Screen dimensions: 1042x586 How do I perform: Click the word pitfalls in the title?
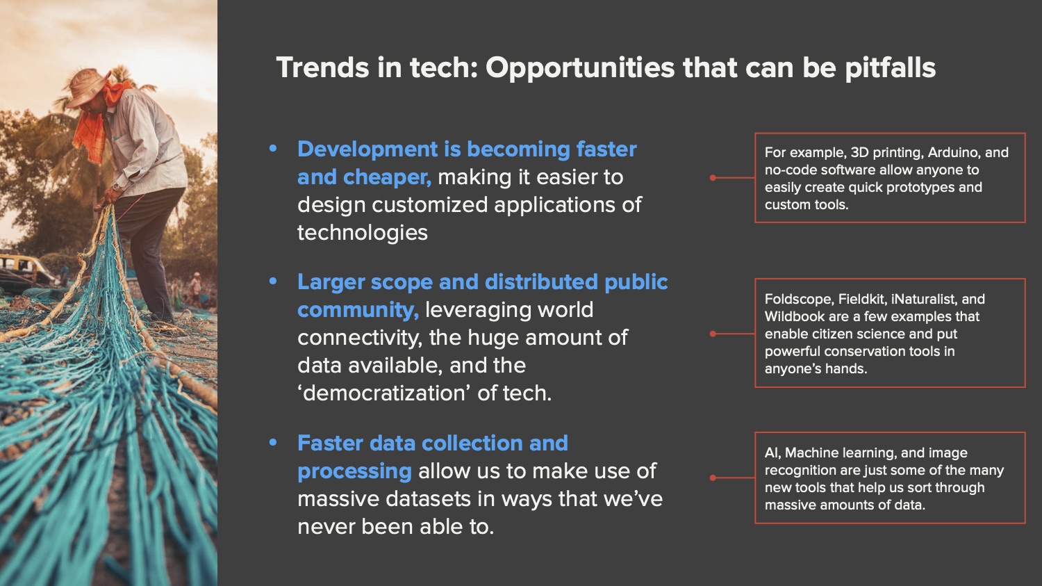(890, 68)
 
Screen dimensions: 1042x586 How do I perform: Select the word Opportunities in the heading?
(579, 68)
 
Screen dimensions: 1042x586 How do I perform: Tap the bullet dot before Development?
(273, 149)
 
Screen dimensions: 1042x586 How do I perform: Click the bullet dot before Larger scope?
(273, 281)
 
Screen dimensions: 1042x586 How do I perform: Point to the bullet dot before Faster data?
(273, 442)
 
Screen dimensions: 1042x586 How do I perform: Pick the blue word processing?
(354, 471)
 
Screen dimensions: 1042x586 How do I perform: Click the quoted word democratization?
(383, 393)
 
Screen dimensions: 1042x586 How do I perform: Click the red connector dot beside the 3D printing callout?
(713, 178)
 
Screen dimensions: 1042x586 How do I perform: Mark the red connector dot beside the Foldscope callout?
(713, 334)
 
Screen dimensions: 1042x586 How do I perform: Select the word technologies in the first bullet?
(363, 233)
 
